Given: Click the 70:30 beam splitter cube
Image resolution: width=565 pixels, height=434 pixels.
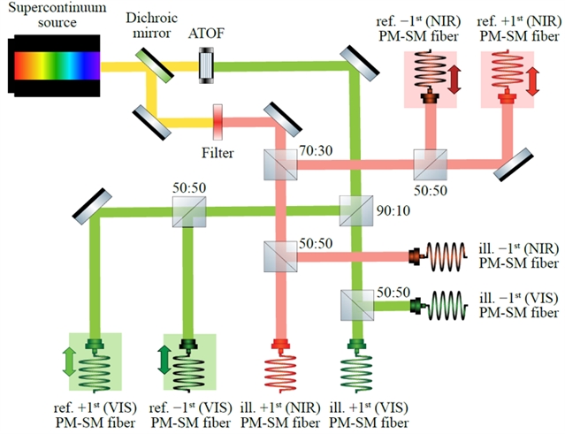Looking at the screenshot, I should click(x=278, y=164).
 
